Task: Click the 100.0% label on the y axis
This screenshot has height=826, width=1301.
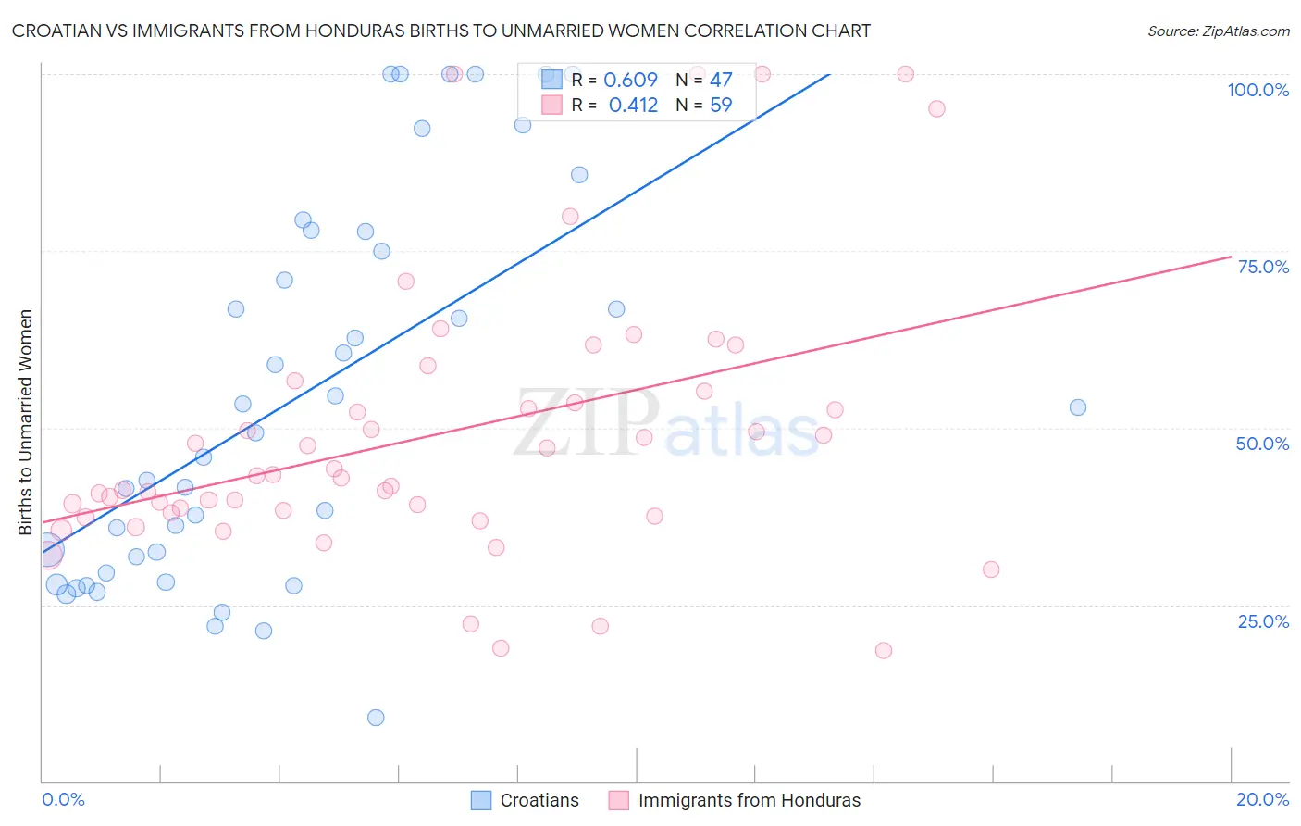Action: [1258, 90]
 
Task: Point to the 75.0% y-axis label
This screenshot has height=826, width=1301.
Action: [1263, 267]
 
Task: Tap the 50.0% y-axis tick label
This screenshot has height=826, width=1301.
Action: [1262, 444]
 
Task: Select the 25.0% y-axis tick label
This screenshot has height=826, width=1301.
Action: [1263, 621]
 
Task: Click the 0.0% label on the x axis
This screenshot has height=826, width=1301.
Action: [63, 799]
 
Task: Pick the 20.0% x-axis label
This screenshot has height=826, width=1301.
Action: [1262, 799]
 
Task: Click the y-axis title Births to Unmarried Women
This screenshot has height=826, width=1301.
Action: [26, 422]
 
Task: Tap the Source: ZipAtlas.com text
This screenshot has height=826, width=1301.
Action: [1218, 31]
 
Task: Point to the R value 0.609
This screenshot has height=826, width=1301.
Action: [630, 80]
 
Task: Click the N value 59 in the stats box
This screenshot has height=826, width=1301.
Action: [721, 106]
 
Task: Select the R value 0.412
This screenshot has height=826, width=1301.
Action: [633, 106]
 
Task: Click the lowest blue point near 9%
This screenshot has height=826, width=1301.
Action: [376, 718]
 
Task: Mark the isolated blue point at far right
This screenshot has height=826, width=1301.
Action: [1077, 407]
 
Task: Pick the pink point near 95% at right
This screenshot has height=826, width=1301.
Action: [936, 108]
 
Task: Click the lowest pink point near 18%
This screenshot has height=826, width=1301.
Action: [884, 651]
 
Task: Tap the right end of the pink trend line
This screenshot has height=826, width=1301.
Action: [1231, 257]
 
